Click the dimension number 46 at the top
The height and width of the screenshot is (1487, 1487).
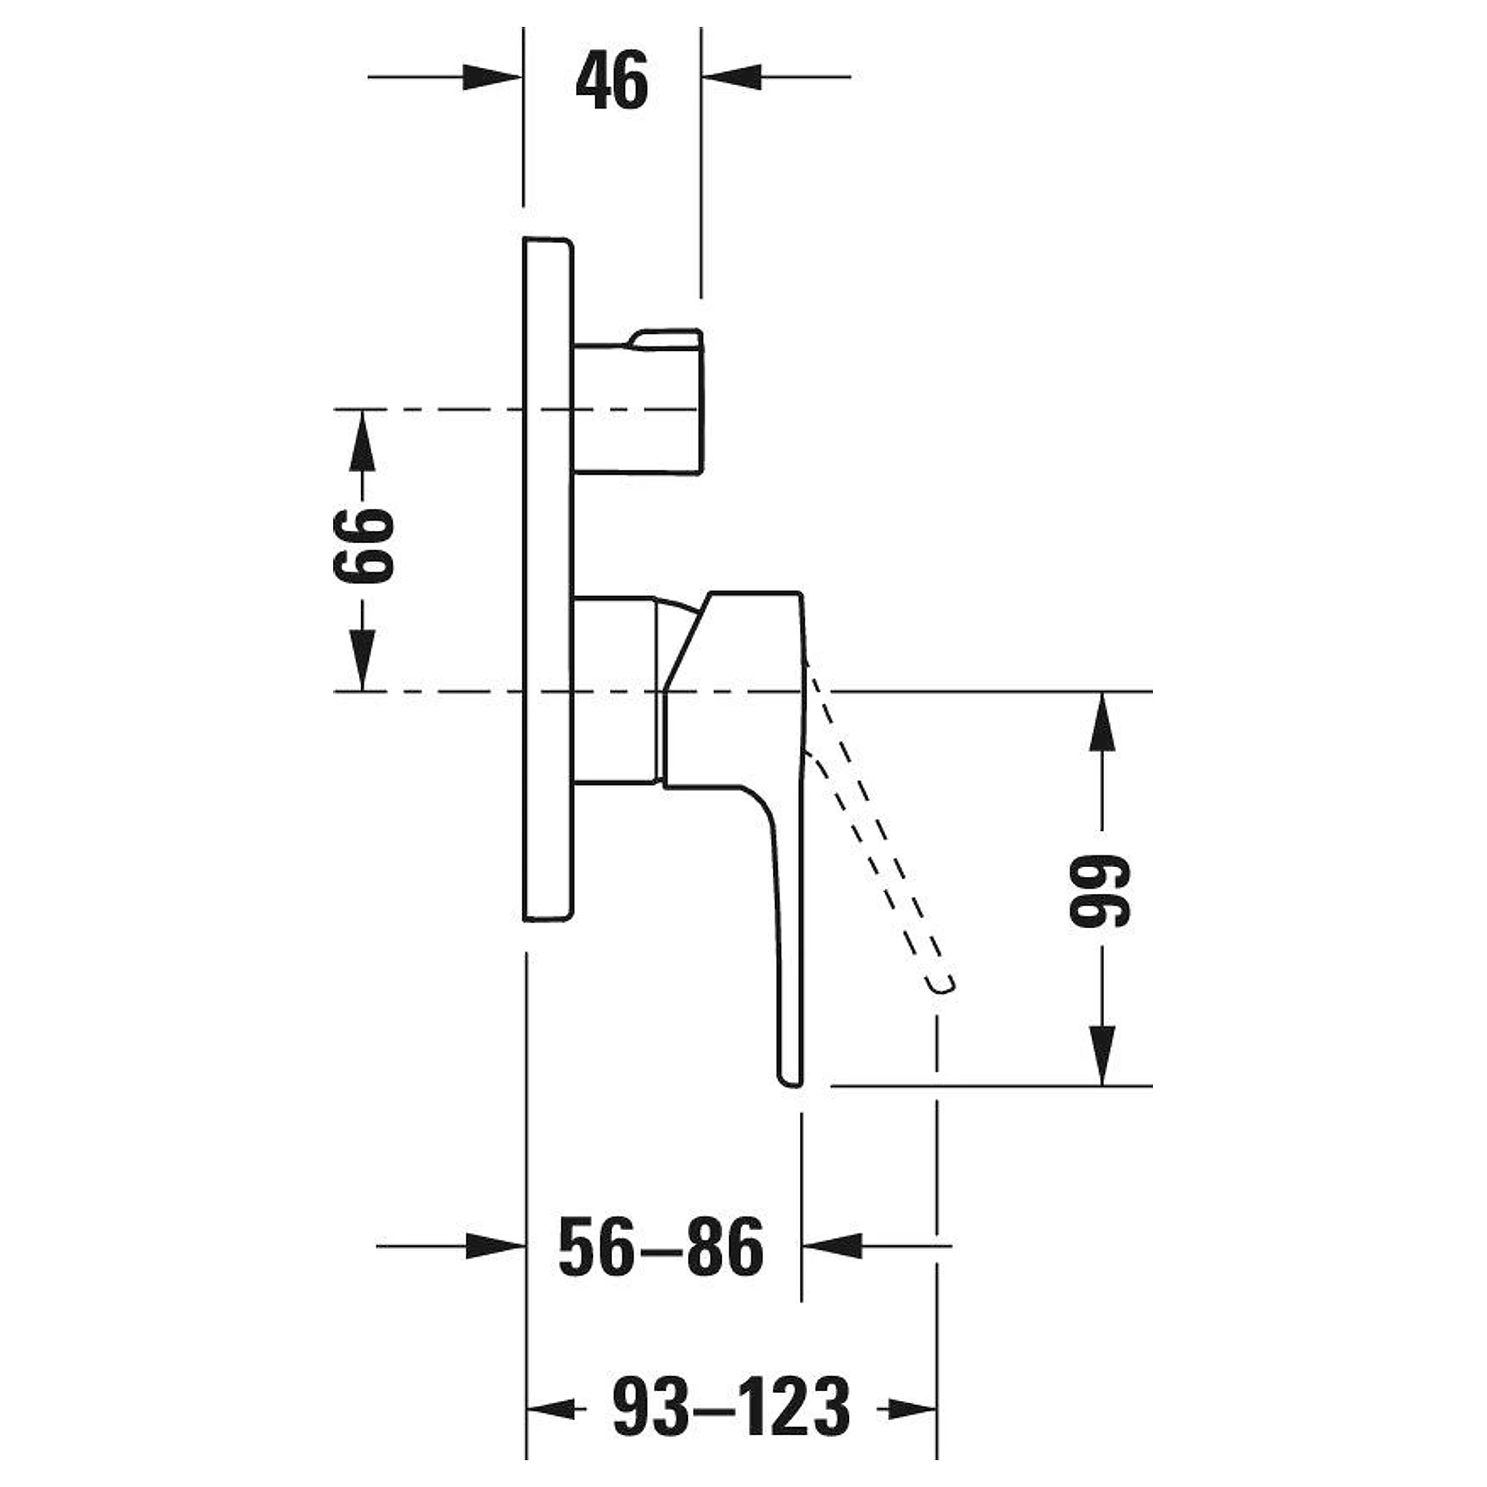tap(612, 81)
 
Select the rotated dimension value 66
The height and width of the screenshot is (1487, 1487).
tap(363, 546)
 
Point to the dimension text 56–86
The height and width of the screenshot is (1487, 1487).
tap(661, 1247)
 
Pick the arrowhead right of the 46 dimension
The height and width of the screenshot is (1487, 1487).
tap(731, 77)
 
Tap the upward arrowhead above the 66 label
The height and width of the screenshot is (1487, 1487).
tap(362, 440)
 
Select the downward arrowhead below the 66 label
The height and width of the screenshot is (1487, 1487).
tap(362, 660)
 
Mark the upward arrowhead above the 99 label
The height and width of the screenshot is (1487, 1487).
tap(1102, 722)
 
